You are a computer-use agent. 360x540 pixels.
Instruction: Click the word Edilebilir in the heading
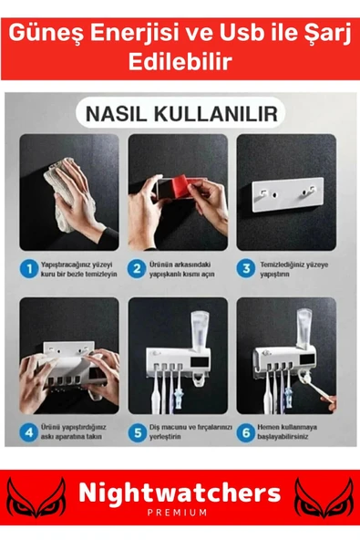[x=180, y=63]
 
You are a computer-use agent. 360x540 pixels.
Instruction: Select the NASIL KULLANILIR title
[x=180, y=115]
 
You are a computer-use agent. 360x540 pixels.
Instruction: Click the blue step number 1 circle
[x=30, y=269]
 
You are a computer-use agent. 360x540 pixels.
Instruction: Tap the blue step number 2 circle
[x=136, y=269]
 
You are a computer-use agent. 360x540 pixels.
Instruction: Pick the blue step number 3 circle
[x=244, y=269]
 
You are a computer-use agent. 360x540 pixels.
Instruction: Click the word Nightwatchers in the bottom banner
[x=180, y=493]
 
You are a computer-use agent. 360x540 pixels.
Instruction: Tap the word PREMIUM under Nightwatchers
[x=180, y=514]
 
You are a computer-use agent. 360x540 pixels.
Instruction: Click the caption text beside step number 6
[x=289, y=430]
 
